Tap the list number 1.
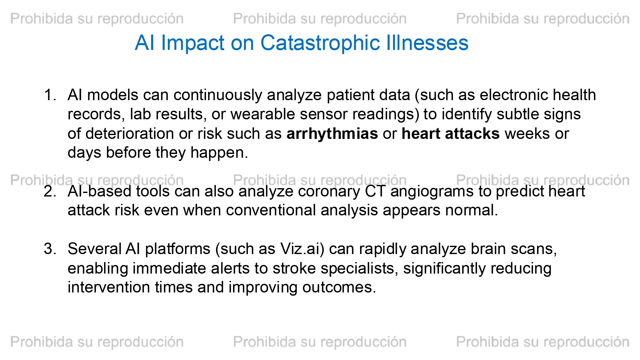[x=50, y=95]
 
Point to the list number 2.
[x=50, y=191]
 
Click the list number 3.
[x=50, y=249]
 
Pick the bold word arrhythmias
[x=332, y=134]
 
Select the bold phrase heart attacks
[x=451, y=134]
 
